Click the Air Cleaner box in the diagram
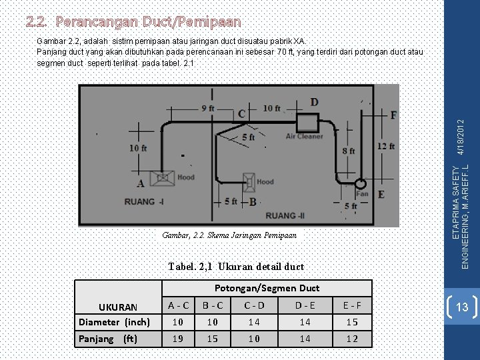307,123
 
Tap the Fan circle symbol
360,184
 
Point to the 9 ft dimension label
207,107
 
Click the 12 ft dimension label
386,147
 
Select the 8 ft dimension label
348,152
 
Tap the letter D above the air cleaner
314,102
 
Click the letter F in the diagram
393,115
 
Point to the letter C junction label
241,114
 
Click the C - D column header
254,306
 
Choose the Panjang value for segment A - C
178,338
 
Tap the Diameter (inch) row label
114,322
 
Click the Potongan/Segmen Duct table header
267,288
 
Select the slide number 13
462,307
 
